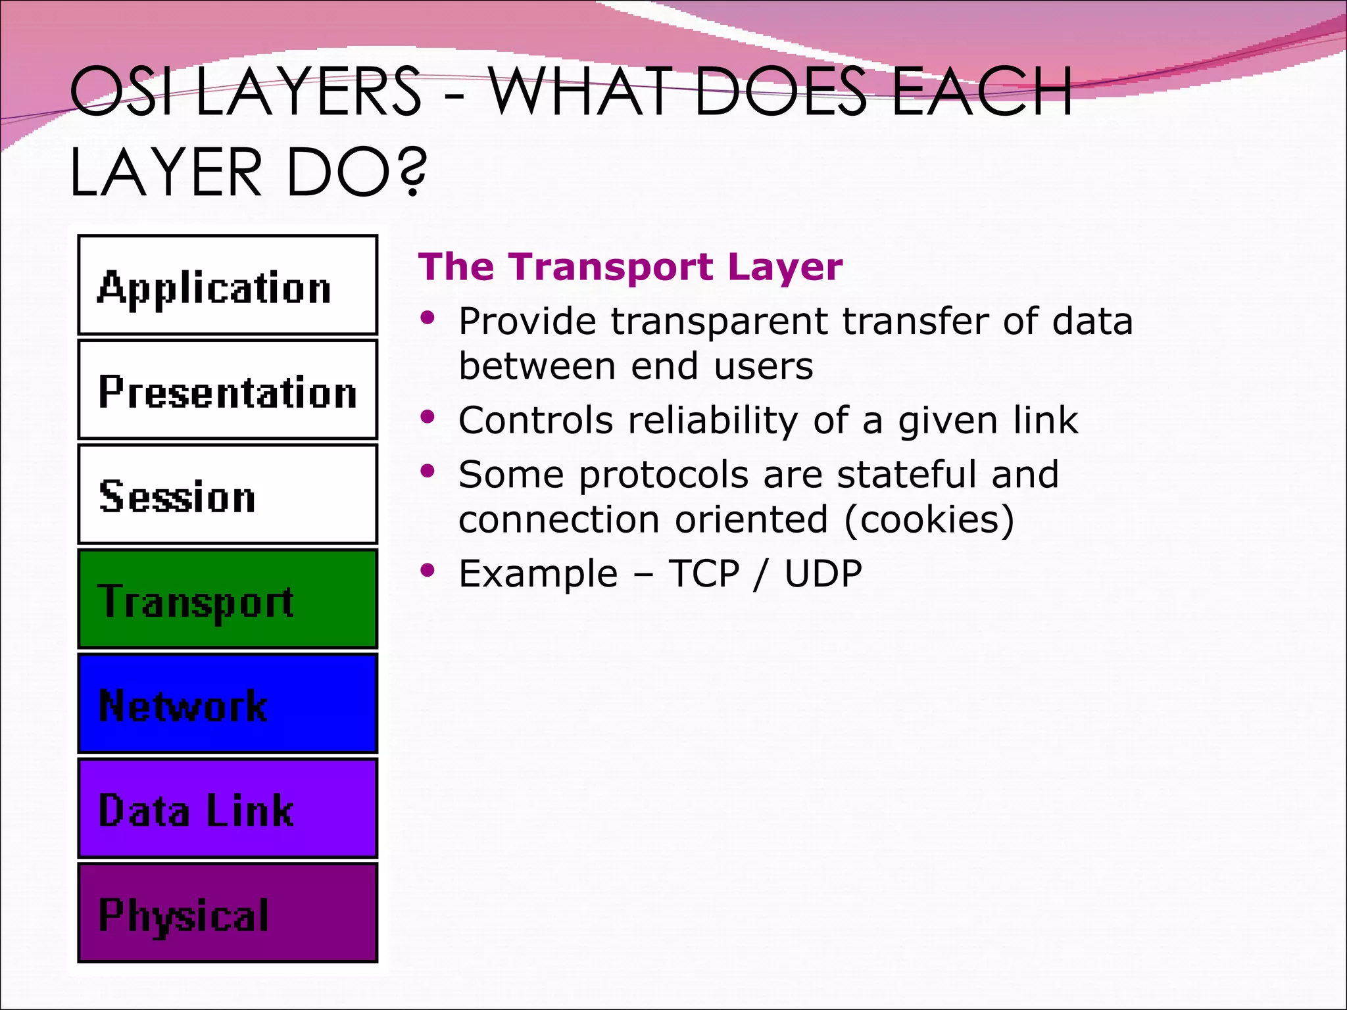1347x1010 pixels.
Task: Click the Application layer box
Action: pyautogui.click(x=228, y=285)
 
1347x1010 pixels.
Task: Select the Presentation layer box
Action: pyautogui.click(x=228, y=390)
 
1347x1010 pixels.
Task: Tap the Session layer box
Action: pyautogui.click(x=228, y=494)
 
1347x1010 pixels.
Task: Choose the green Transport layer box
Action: pyautogui.click(x=228, y=599)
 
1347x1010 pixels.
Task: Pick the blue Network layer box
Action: pyautogui.click(x=228, y=704)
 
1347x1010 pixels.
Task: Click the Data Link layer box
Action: pyautogui.click(x=228, y=808)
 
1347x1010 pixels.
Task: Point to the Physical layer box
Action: pyautogui.click(x=228, y=913)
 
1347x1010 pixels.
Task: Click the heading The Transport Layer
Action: pyautogui.click(x=630, y=267)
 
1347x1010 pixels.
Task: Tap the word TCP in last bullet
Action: pyautogui.click(x=704, y=573)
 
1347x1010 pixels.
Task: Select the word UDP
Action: pyautogui.click(x=823, y=573)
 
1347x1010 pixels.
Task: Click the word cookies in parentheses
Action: pyautogui.click(x=929, y=519)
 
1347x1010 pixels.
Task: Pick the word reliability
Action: pyautogui.click(x=713, y=421)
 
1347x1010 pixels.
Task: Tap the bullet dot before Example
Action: pyautogui.click(x=428, y=570)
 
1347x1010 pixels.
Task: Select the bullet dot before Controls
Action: pyautogui.click(x=428, y=417)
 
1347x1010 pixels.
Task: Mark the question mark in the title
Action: pyautogui.click(x=412, y=172)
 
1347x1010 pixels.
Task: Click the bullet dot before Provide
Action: pyautogui.click(x=428, y=318)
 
